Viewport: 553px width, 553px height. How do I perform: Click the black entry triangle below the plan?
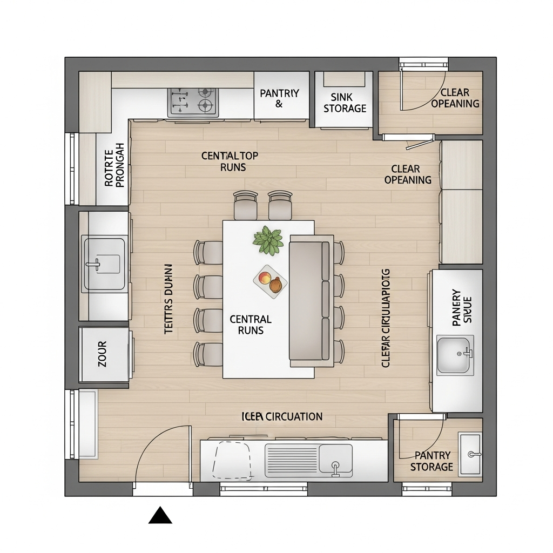[160, 516]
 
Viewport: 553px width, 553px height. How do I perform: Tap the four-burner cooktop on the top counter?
[193, 102]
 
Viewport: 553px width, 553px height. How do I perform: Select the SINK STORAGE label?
[345, 103]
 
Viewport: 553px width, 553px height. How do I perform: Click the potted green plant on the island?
[268, 240]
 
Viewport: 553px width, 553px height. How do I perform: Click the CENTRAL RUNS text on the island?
[251, 324]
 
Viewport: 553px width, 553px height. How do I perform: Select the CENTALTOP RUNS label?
[230, 161]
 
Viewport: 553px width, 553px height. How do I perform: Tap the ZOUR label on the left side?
[103, 354]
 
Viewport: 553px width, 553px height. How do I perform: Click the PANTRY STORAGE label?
[431, 461]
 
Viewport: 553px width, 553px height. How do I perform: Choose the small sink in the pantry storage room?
[470, 454]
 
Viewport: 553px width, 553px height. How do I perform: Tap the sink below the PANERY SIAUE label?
[455, 355]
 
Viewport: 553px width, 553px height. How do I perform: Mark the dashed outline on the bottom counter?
[232, 461]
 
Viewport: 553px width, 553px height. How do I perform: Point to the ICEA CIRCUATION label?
[281, 416]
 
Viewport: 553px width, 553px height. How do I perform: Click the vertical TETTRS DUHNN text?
[168, 299]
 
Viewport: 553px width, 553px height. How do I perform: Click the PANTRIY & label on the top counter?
[279, 98]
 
